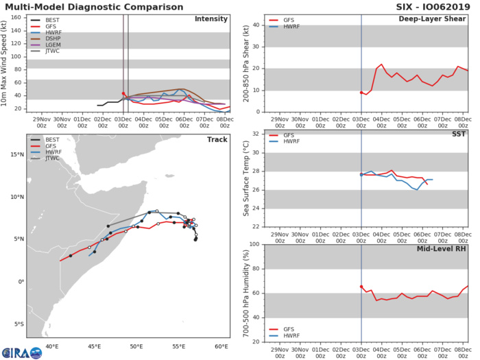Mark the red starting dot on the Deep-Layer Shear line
[361, 93]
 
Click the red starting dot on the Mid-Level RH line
[361, 287]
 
